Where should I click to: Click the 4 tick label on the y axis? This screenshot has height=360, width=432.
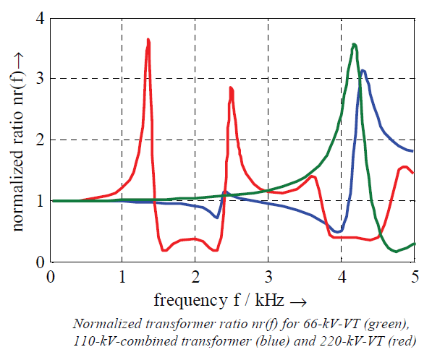(x=40, y=17)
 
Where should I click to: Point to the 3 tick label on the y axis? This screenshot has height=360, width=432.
(x=40, y=78)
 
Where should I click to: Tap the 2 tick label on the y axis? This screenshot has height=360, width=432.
(x=40, y=140)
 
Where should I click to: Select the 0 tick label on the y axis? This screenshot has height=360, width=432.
(x=40, y=262)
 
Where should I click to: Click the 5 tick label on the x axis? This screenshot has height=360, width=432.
(x=415, y=278)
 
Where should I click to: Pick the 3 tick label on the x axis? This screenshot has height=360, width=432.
(x=268, y=278)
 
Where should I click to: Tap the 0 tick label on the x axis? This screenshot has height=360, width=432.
(x=50, y=278)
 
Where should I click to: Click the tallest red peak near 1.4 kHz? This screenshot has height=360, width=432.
(x=148, y=40)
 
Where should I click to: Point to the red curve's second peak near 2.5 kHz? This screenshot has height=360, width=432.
(x=230, y=88)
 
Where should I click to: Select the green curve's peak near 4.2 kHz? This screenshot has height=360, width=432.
(x=354, y=45)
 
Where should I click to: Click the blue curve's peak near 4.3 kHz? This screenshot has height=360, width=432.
(x=363, y=71)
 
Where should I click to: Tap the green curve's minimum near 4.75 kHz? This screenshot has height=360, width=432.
(x=396, y=251)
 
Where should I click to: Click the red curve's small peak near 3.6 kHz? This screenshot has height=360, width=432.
(x=312, y=176)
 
